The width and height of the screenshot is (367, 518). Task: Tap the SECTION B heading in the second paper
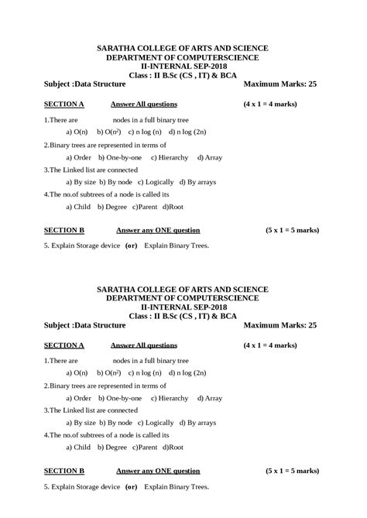coord(63,470)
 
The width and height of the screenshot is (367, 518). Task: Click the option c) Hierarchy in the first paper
coord(170,157)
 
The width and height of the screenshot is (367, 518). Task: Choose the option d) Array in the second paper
coord(210,398)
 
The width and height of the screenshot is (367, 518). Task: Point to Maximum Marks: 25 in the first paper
coord(280,84)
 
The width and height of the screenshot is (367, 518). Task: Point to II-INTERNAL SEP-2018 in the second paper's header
coord(183,307)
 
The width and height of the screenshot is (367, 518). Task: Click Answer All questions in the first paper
coord(144,103)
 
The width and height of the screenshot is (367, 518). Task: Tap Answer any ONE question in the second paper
coord(158,470)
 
